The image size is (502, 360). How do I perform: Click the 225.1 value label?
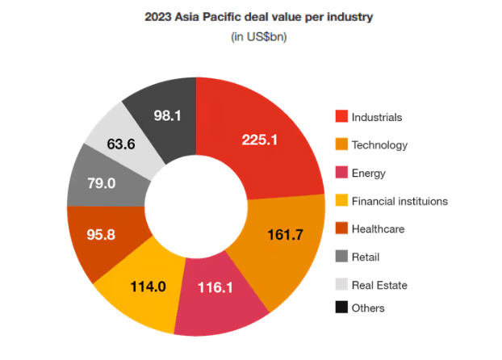tap(260, 140)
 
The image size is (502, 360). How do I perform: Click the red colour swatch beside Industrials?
tap(342, 117)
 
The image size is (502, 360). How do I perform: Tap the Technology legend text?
tap(379, 145)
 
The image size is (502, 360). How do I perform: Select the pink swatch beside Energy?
tap(342, 173)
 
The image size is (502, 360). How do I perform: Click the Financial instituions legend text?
tap(400, 201)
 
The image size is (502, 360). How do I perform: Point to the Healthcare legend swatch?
tap(342, 229)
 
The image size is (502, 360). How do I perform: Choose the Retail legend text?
tap(366, 257)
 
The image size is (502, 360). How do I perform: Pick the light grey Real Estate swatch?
tap(342, 285)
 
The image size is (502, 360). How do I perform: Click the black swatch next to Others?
tap(342, 308)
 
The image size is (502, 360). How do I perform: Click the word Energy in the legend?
tap(369, 173)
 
